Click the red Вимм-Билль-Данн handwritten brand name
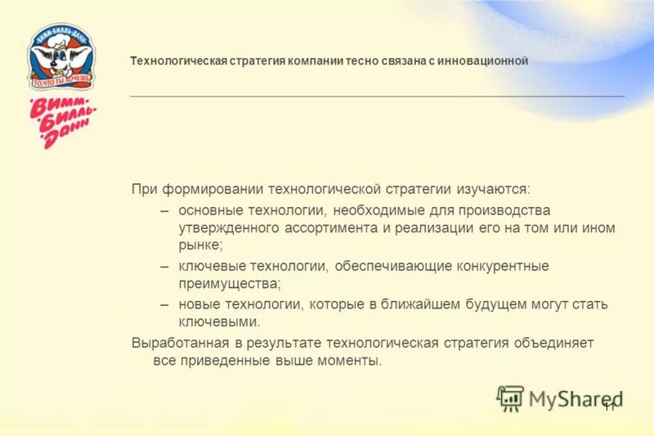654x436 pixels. (63, 122)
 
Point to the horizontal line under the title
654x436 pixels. (376, 97)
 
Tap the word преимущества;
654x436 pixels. (230, 284)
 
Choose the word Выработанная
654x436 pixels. (176, 343)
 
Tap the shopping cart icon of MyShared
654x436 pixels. (510, 398)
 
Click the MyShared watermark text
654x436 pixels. (575, 399)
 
